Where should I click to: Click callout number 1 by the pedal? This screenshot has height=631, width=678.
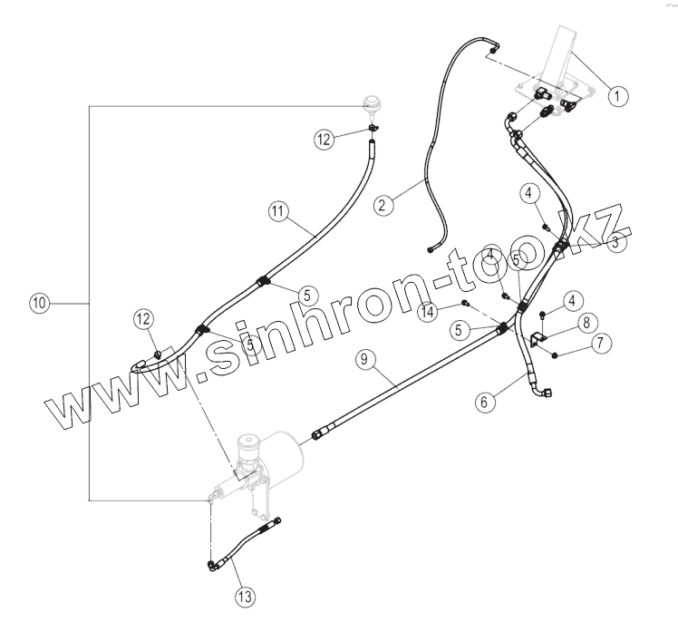[615, 93]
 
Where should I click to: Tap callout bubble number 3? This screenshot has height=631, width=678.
[615, 242]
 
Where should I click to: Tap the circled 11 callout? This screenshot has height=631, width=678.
[278, 211]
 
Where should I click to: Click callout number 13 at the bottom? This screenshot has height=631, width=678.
[245, 596]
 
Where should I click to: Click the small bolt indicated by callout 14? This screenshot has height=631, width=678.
[464, 302]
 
